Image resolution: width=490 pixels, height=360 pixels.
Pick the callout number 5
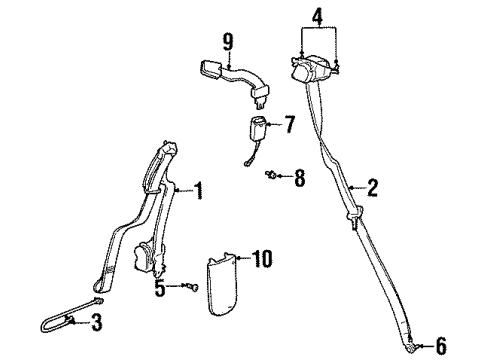(160, 288)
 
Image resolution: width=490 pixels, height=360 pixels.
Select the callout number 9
(228, 41)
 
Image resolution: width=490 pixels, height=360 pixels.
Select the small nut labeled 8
(271, 176)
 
